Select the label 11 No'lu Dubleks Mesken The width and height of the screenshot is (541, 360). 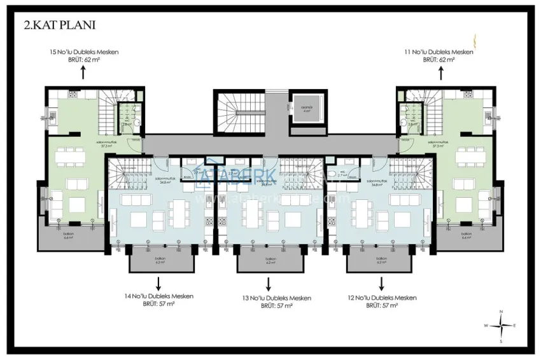coord(439,52)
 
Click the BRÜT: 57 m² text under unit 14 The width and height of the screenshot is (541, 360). coord(158,304)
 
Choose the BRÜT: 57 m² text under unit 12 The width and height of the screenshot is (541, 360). coord(382,306)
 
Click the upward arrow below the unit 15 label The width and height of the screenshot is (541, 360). coord(85,71)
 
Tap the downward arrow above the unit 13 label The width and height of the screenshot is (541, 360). coord(267,283)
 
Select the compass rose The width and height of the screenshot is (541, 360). coord(502,325)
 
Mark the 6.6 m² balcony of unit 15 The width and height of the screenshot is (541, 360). coord(68,237)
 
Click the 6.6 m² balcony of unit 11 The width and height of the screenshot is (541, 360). coord(467,237)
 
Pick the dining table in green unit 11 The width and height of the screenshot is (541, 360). coord(470,156)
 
